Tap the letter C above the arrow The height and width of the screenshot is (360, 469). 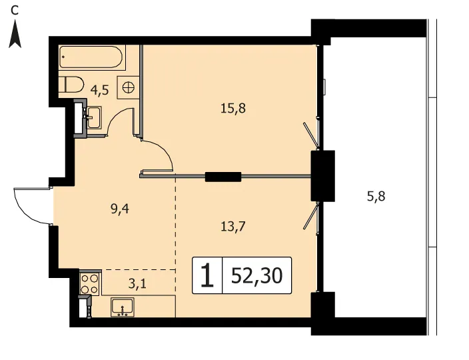15,11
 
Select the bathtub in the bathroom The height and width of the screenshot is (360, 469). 91,57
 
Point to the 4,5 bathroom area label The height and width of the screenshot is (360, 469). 100,90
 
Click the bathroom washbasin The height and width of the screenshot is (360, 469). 94,117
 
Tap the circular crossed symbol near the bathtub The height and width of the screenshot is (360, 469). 129,87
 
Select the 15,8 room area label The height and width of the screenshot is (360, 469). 233,108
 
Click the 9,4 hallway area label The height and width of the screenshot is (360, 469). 120,209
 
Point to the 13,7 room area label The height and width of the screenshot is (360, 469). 233,226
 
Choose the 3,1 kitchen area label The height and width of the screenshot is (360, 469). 138,283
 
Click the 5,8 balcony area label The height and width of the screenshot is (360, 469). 376,197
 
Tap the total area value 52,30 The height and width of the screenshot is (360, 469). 256,275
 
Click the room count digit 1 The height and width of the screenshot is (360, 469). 207,275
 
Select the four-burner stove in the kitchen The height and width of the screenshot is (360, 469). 90,284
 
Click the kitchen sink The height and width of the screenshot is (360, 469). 123,307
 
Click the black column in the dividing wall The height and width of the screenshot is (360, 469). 223,177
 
